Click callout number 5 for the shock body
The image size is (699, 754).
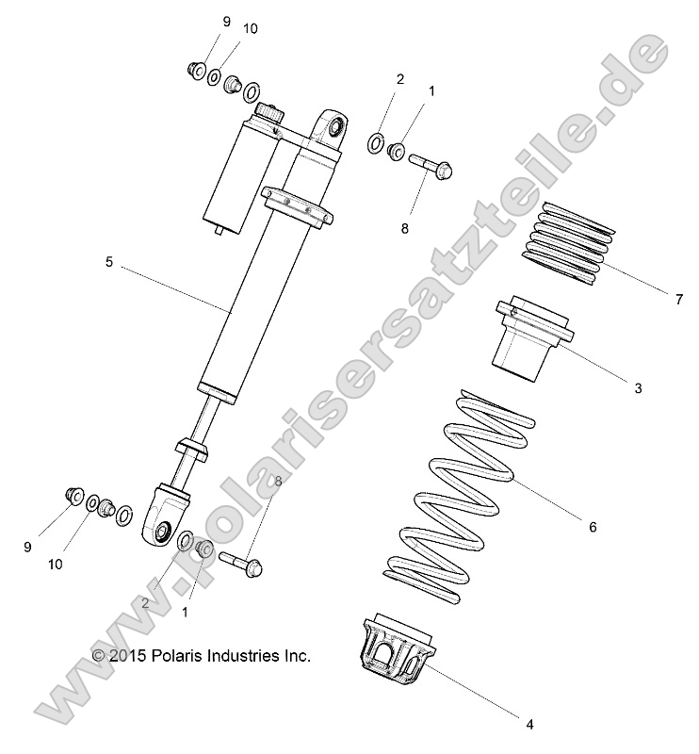(x=108, y=263)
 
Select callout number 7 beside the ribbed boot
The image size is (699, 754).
(x=677, y=300)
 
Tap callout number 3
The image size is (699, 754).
(x=664, y=387)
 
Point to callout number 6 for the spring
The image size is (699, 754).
(x=593, y=528)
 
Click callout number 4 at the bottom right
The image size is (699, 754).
(x=529, y=724)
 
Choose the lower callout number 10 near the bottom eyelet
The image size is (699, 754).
(x=56, y=565)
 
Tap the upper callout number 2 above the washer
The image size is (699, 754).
(x=399, y=80)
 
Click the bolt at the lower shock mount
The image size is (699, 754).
(x=241, y=563)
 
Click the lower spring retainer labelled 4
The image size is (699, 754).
(x=397, y=649)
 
